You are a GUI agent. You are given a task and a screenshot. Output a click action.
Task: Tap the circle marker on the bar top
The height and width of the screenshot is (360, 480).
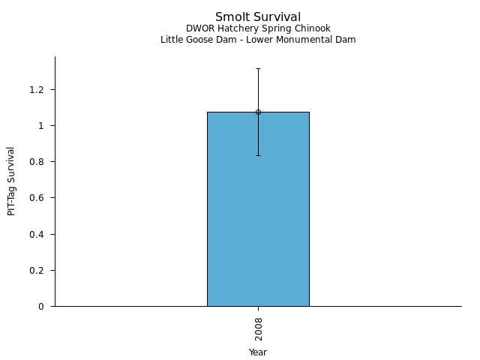coord(258,112)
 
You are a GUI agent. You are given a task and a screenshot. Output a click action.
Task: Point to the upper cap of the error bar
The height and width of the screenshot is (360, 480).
coord(258,69)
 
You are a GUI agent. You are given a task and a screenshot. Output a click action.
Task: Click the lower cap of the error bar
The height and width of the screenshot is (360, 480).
coord(258,155)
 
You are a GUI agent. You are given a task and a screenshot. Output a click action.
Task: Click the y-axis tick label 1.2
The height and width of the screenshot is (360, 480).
coord(37,90)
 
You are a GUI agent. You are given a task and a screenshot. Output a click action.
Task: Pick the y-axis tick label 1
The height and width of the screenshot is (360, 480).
coord(42,126)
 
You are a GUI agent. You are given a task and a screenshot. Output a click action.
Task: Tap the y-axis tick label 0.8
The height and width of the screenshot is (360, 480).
coord(37,162)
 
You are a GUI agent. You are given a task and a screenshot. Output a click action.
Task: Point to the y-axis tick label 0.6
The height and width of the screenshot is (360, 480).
coord(37,198)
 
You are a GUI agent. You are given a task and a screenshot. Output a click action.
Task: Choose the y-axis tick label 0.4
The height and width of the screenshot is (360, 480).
coord(37,235)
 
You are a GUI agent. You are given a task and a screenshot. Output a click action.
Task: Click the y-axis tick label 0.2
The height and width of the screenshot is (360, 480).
coord(37,271)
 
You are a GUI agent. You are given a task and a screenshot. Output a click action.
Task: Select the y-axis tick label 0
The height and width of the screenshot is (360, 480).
coord(42,307)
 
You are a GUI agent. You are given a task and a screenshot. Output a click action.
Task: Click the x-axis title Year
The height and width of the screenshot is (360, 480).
coord(258,352)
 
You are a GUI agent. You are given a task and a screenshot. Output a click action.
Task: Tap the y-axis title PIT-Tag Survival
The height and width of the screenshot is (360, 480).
coord(11,181)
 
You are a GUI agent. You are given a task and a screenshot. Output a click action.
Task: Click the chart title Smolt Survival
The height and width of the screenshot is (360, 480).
coord(258,16)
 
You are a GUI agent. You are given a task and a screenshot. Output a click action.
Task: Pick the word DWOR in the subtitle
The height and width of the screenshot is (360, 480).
coord(199,28)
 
